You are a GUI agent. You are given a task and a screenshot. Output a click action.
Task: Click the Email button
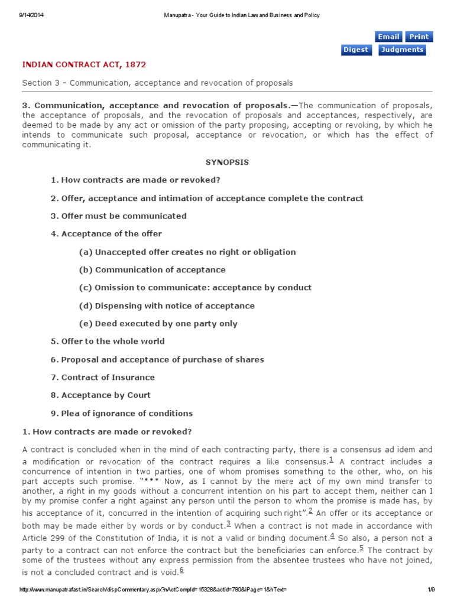point(388,37)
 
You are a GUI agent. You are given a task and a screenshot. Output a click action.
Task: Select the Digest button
point(356,50)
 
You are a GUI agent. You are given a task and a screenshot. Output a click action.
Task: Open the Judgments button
point(402,50)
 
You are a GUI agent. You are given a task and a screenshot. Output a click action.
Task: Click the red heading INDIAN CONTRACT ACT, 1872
point(84,64)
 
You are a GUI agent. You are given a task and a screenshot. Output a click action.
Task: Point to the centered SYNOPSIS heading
point(227,162)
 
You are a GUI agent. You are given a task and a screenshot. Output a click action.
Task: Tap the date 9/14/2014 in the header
point(28,15)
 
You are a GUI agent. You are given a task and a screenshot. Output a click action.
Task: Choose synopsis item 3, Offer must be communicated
point(118,216)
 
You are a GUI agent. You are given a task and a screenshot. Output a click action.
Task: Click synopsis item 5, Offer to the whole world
point(108,341)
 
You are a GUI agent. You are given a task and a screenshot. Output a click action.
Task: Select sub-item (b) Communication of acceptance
point(152,270)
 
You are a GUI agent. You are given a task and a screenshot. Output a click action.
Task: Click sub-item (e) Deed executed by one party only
point(158,324)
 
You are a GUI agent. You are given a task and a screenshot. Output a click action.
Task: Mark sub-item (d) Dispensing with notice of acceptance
point(167,306)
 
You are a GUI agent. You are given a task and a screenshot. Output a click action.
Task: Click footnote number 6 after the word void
point(181,570)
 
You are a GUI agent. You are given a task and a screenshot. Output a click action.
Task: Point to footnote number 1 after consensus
point(331,459)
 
